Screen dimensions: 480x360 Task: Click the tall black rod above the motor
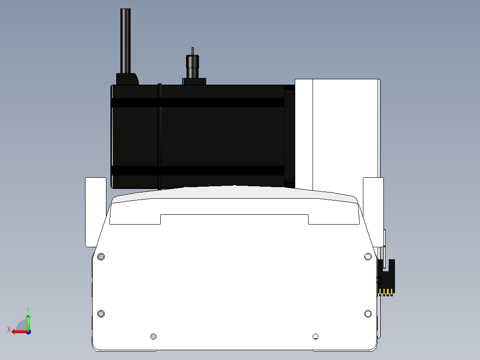click(x=126, y=41)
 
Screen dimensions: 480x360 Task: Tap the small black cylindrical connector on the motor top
click(x=192, y=66)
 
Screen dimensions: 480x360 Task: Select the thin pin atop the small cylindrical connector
click(x=192, y=51)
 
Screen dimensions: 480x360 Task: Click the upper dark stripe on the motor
click(x=197, y=102)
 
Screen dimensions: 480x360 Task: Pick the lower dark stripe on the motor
click(x=197, y=170)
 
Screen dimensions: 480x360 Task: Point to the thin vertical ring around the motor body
click(x=159, y=137)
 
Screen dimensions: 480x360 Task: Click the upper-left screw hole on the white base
click(x=101, y=257)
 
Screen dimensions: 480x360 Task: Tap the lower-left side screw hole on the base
click(x=101, y=314)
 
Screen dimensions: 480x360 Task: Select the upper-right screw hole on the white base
click(x=368, y=257)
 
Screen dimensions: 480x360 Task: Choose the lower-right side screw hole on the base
click(x=368, y=314)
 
